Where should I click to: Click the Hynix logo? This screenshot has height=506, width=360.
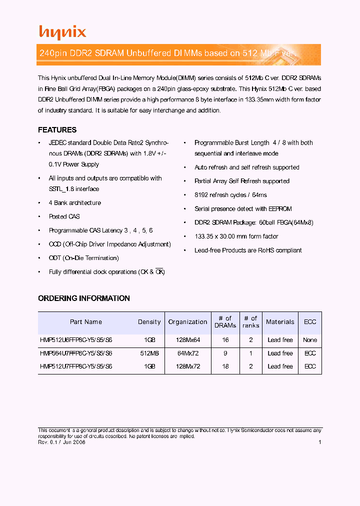coord(62,32)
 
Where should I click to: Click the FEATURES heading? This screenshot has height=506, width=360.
coord(57,130)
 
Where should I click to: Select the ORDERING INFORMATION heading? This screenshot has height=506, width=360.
coord(84,298)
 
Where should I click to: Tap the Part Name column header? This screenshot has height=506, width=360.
coord(86,322)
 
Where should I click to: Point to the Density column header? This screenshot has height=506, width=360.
coord(149,322)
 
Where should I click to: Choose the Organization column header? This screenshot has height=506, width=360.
coord(187,322)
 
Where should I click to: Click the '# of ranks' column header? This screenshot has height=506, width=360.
coord(250,322)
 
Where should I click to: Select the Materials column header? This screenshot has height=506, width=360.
coord(280,322)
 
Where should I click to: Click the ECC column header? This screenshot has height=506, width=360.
coord(310,322)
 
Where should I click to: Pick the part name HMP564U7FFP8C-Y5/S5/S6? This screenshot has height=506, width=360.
coord(76,353)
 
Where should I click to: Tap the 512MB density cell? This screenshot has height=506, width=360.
coord(149,353)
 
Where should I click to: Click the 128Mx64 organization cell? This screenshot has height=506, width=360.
coord(187,340)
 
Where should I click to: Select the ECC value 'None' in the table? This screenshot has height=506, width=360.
coord(310,340)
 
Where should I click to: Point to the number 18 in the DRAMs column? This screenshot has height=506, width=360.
coord(225,366)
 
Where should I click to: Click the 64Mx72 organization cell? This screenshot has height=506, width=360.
coord(187,353)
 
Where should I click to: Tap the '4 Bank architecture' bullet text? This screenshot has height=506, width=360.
coord(75,203)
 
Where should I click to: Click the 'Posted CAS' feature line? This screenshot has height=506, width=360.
coord(64,216)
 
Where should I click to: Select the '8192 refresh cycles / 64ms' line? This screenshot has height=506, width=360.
coord(230,195)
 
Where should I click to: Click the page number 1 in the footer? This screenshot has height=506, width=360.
coord(319,442)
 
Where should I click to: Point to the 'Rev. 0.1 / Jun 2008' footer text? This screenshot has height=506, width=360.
coord(61,442)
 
